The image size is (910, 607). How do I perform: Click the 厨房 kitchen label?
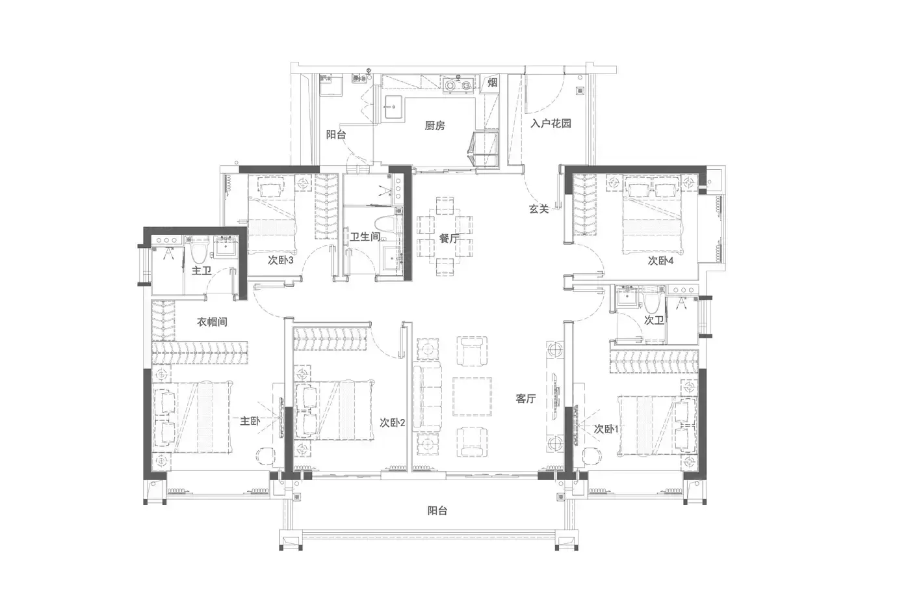click(435, 126)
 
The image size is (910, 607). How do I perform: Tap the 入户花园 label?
click(551, 123)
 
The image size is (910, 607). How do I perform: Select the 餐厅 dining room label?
click(449, 238)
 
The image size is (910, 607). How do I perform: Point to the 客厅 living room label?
click(526, 399)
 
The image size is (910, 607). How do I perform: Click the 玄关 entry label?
click(539, 209)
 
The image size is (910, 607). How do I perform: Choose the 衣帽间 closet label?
click(212, 322)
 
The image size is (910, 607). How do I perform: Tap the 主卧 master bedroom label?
click(250, 421)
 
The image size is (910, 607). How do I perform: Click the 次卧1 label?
click(606, 429)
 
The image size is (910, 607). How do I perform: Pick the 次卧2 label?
click(393, 423)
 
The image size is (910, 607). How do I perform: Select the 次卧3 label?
click(281, 260)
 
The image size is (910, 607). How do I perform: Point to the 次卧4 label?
click(660, 261)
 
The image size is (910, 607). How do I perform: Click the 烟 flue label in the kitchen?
click(493, 83)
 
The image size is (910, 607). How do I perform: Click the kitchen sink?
click(394, 107)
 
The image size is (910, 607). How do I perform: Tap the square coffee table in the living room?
click(472, 396)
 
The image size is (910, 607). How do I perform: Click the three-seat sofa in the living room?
click(427, 396)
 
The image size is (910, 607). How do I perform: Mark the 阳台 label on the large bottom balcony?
click(437, 511)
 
